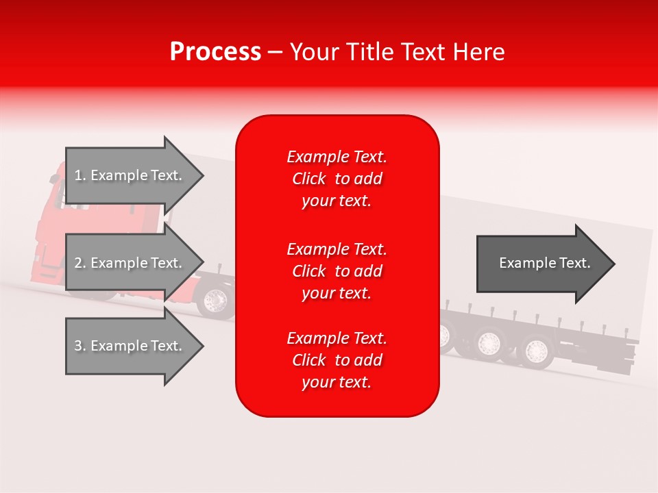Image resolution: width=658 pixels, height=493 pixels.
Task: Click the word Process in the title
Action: point(215,52)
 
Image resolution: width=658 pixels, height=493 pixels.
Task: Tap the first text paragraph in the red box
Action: point(337,179)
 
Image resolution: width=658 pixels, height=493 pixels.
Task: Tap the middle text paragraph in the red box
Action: point(337,270)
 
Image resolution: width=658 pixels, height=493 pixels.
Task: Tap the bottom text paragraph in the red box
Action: point(337,360)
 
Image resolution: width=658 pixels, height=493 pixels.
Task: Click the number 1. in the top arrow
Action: point(80,175)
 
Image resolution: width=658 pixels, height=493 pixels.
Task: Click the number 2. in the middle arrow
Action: point(80,263)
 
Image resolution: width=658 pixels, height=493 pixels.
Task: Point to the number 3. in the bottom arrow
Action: point(80,346)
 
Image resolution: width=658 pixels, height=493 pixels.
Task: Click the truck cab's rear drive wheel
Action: point(215,300)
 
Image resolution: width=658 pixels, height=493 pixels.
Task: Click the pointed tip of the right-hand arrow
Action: point(613,264)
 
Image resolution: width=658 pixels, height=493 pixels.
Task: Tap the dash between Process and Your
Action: point(276,53)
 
